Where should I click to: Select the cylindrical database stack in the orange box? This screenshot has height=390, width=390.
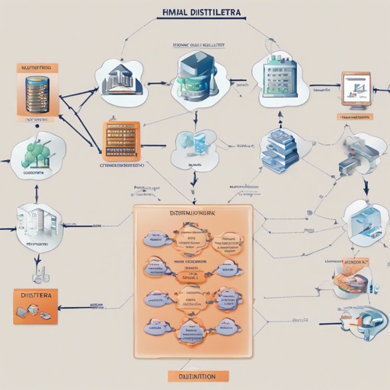tap(37, 94)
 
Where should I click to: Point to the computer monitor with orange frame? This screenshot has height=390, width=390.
tap(355, 90)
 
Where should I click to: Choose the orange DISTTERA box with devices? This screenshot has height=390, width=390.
tap(35, 302)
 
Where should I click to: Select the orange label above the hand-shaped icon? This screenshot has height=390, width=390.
tap(352, 261)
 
